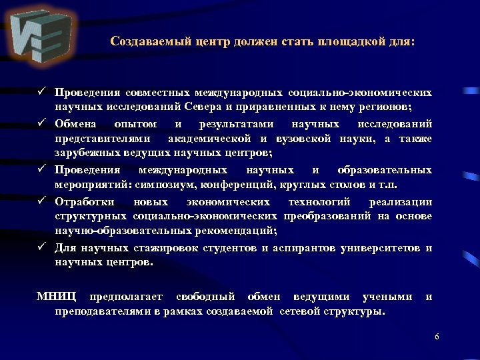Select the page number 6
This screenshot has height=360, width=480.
click(x=437, y=337)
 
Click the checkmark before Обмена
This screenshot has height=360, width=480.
click(x=41, y=123)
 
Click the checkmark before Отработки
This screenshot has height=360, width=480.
click(x=41, y=201)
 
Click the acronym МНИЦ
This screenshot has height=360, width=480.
click(x=56, y=297)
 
